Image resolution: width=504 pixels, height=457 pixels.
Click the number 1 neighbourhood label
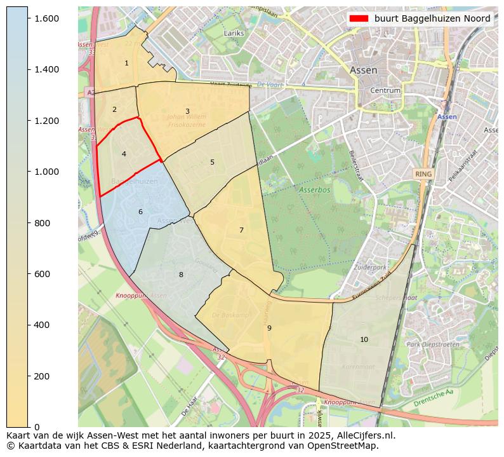click(126, 63)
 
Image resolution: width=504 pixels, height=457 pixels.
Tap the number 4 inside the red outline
click(124, 154)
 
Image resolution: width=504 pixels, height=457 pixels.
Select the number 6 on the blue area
click(140, 212)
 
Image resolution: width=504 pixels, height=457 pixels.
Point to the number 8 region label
click(181, 275)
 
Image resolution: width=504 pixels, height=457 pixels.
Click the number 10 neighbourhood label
click(364, 339)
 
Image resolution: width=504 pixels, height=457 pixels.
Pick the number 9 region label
click(269, 328)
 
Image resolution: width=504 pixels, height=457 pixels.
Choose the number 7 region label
click(241, 230)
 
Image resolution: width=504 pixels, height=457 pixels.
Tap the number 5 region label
click(212, 162)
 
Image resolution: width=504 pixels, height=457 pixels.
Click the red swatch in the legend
click(359, 18)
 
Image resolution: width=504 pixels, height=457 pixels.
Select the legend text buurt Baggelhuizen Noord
click(432, 18)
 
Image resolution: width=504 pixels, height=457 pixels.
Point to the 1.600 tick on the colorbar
click(46, 18)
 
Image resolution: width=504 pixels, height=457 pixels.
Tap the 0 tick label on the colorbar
click(37, 427)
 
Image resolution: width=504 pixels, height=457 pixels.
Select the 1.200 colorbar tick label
click(46, 121)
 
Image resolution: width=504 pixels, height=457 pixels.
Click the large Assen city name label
click(363, 71)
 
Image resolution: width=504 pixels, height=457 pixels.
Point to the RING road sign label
click(423, 174)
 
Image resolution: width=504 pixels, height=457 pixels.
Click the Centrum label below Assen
click(385, 91)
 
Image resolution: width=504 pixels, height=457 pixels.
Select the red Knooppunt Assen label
click(141, 296)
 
